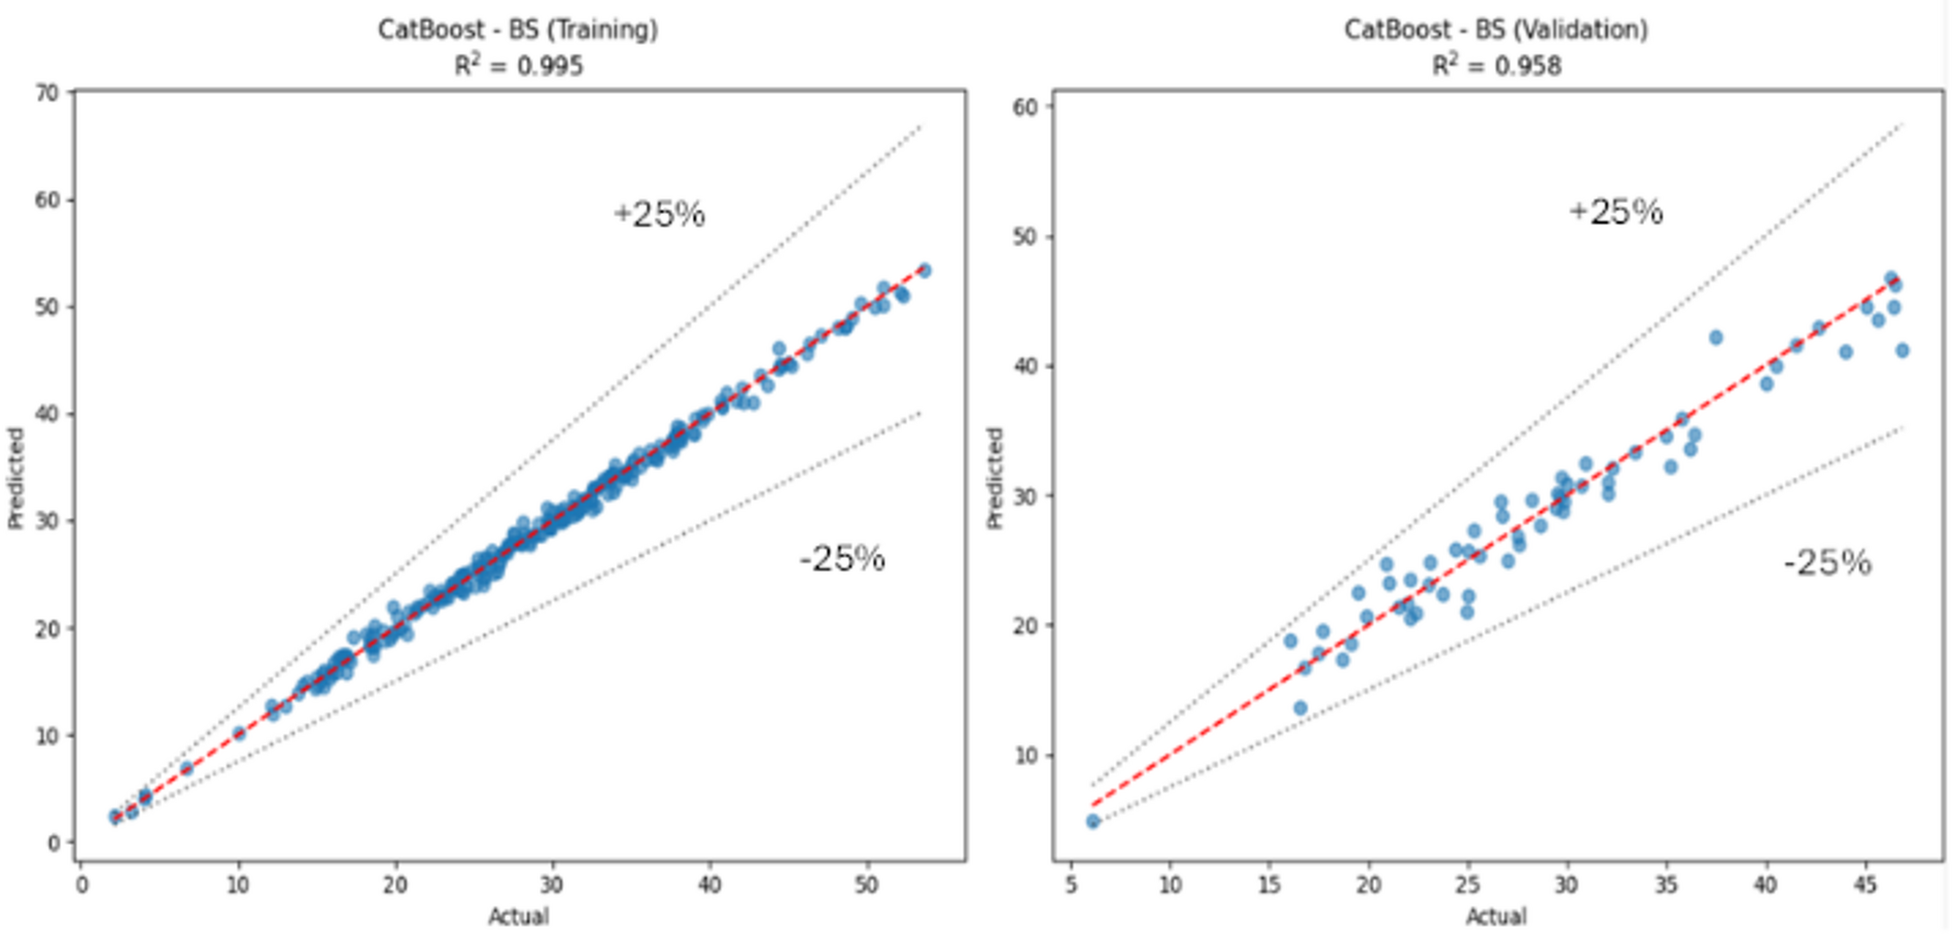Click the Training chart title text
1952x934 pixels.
517,29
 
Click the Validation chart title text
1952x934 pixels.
1495,29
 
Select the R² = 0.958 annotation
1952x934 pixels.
1495,66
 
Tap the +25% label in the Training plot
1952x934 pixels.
659,214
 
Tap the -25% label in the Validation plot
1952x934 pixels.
1827,563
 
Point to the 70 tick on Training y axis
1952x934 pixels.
48,93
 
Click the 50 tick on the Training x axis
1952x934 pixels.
866,885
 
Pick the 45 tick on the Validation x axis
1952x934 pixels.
1865,885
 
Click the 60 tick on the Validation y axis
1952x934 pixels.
1026,107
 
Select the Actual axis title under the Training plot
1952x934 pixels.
517,917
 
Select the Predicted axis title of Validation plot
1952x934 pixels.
993,477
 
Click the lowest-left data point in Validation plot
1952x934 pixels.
1093,821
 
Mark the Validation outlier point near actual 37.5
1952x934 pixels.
1716,337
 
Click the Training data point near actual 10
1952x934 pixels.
238,734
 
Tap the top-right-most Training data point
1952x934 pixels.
924,270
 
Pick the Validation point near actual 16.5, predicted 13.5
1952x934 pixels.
1300,708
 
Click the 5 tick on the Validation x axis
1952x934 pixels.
1070,885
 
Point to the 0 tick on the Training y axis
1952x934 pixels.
54,843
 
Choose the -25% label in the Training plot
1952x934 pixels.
842,559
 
